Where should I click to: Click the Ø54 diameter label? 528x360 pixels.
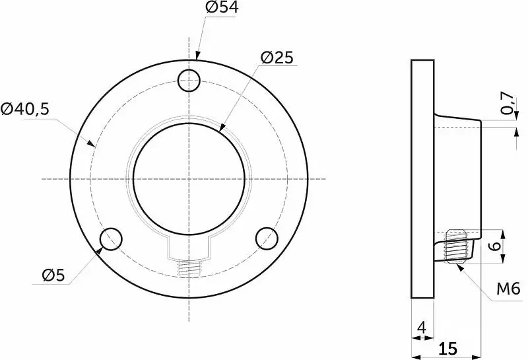click(222, 7)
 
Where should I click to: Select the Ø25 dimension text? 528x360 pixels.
click(277, 58)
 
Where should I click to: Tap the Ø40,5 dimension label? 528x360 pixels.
click(25, 109)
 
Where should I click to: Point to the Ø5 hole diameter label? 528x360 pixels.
click(53, 275)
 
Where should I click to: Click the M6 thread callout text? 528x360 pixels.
click(508, 289)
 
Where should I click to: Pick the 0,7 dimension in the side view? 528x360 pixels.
click(508, 103)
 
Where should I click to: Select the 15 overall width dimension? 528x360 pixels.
click(448, 349)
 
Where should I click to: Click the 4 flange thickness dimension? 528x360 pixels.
click(422, 328)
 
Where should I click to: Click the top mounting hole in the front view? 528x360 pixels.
click(189, 81)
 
